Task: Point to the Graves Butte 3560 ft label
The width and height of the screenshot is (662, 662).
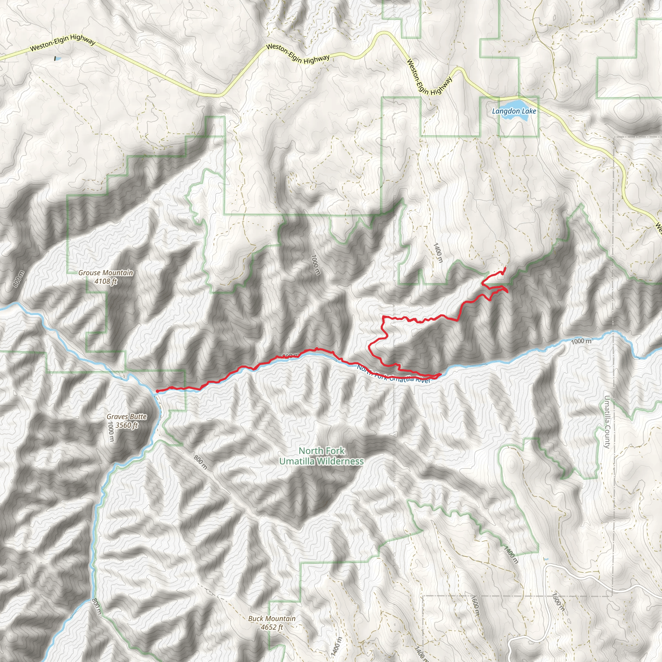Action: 126,421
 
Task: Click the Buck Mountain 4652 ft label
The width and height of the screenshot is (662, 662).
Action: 272,623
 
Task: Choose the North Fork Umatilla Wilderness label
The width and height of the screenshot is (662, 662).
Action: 321,456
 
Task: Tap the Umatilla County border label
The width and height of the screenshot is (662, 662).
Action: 607,422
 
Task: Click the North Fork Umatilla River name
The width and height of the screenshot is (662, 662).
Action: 394,375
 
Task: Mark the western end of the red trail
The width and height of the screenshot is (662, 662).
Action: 157,390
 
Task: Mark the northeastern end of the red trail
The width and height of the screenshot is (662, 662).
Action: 506,267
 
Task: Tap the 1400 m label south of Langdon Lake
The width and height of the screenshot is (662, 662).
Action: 438,253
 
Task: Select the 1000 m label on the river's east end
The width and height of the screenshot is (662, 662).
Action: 581,341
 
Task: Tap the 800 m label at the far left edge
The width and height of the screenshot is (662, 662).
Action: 18,279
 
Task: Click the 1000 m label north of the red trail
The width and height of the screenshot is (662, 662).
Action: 315,264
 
